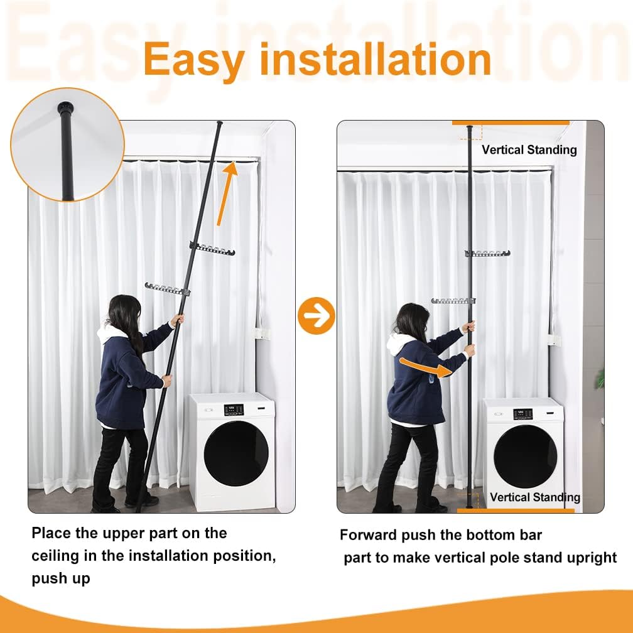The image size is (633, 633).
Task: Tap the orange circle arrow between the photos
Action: coord(316,316)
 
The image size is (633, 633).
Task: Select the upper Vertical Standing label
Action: coord(529,149)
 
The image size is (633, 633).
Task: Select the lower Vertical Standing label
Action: coord(534,497)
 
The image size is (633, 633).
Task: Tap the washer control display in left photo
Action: coord(234,409)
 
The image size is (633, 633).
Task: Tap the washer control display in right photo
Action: coord(522,414)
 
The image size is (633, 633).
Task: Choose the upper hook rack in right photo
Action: coord(487,254)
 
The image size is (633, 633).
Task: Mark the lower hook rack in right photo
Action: coord(453,301)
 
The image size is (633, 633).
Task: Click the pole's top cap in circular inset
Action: coord(64,107)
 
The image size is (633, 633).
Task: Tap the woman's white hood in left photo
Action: coord(109,333)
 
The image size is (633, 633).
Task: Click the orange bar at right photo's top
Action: coord(511,122)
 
